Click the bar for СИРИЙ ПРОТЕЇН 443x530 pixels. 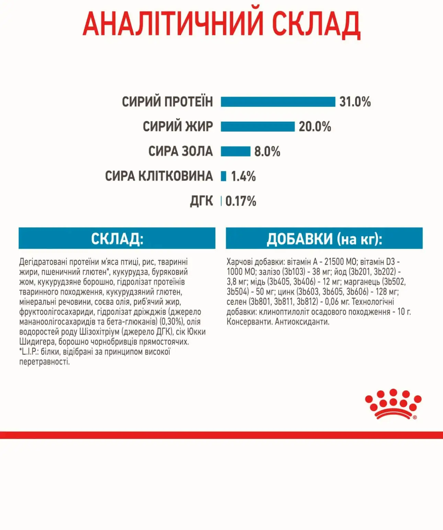point(278,102)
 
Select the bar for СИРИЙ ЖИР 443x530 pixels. point(258,126)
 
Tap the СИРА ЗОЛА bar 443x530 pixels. point(236,151)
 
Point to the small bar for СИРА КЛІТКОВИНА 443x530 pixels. point(224,176)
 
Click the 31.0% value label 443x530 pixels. point(355,102)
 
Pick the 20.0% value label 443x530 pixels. point(315,126)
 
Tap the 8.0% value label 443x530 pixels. point(267,151)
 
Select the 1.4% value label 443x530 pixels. point(243,176)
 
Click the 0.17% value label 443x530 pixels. point(241,201)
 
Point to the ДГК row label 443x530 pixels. point(202,201)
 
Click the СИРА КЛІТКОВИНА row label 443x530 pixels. point(159,176)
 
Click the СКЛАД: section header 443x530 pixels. point(117,238)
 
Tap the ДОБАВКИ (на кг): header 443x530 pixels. point(324,238)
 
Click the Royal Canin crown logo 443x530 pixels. point(393,404)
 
